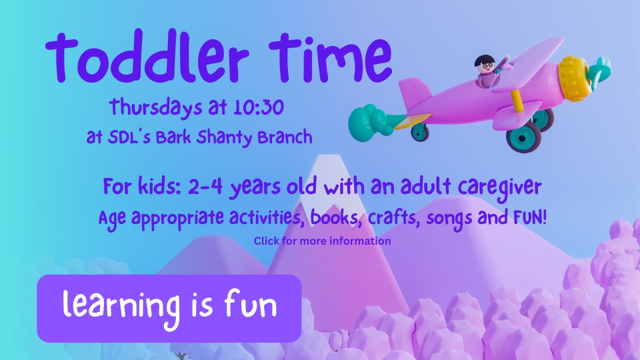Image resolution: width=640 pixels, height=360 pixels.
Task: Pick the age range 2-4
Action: [x=201, y=188]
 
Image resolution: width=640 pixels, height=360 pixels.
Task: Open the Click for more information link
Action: [x=322, y=241]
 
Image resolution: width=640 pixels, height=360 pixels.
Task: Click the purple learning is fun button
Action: [x=169, y=307]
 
